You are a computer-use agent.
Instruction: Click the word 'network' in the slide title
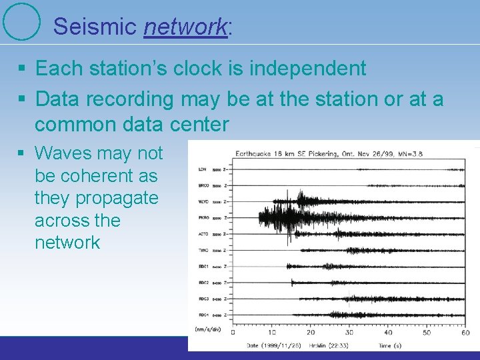point(185,26)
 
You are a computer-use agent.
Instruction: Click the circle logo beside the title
point(21,21)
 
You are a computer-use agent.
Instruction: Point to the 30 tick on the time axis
point(349,333)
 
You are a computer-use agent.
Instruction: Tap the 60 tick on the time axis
point(465,333)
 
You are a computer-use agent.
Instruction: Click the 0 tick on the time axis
point(233,333)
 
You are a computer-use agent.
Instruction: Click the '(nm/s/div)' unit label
point(209,329)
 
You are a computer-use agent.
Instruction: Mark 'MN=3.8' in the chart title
point(409,154)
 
